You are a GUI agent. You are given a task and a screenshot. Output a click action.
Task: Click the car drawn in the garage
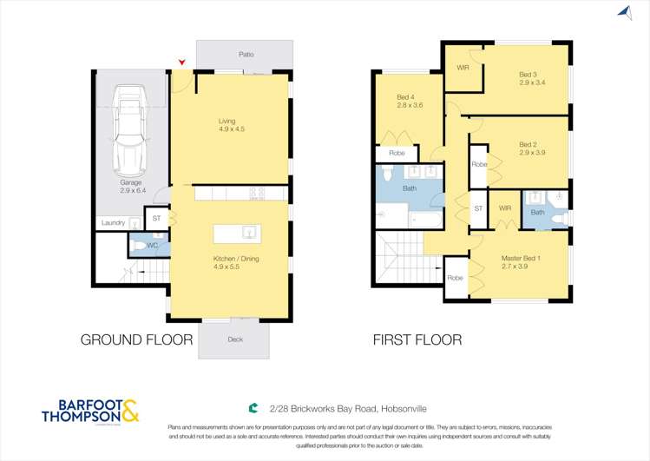[x=131, y=128]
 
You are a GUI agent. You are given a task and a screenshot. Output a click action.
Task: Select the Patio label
[x=246, y=54]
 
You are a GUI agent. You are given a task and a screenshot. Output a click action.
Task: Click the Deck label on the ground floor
[x=235, y=339]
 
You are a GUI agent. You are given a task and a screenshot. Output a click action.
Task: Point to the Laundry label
[x=113, y=223]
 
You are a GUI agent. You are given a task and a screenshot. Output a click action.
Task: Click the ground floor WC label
[x=152, y=246]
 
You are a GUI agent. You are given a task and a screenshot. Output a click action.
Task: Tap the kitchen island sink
[x=248, y=232]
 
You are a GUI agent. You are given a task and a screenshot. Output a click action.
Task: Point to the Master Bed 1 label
[x=521, y=258]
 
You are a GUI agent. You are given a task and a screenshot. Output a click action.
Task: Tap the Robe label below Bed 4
[x=397, y=153]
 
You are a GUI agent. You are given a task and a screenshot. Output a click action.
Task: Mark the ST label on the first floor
[x=477, y=208]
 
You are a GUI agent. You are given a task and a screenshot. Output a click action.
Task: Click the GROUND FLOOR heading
[x=136, y=339]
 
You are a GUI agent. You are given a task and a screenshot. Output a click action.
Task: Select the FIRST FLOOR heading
[x=417, y=339]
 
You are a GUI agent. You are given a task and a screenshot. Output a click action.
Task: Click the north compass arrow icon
[x=623, y=12]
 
